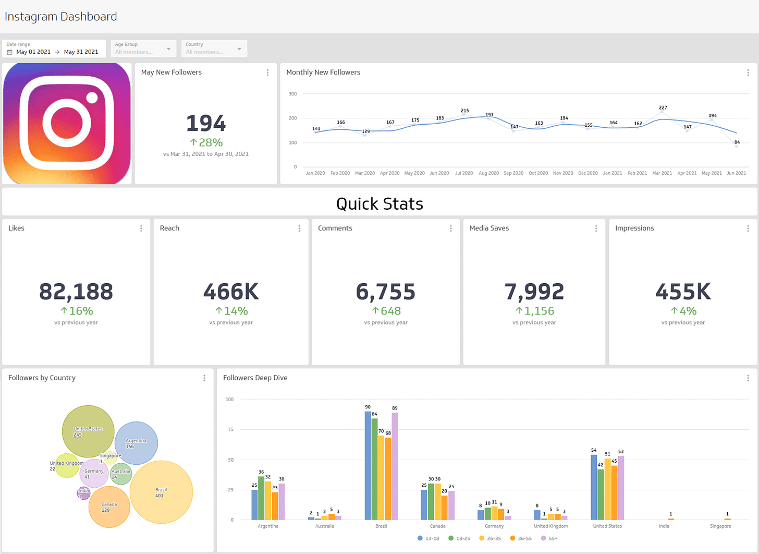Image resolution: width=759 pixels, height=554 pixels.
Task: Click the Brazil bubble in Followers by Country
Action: [161, 492]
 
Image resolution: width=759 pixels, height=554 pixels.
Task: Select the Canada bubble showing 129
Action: [109, 507]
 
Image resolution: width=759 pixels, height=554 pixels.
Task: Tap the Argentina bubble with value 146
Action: [136, 443]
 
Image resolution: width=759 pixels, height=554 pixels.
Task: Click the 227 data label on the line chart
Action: [663, 107]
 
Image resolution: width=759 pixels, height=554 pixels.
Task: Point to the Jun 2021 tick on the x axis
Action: [736, 173]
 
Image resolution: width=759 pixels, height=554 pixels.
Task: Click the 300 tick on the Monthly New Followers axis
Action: [293, 94]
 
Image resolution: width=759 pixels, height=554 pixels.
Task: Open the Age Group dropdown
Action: [143, 49]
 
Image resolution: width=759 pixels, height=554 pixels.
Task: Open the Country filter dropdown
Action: [214, 49]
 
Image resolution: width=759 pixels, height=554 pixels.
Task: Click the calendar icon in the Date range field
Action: [9, 52]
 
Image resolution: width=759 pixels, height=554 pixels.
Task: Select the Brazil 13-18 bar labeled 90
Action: [368, 465]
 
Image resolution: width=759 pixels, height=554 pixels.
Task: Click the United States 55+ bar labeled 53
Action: [621, 487]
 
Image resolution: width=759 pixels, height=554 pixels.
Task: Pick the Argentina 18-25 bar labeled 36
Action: [261, 498]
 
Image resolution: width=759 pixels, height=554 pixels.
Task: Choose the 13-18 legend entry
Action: [428, 538]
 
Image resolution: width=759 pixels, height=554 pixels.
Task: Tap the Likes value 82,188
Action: [76, 292]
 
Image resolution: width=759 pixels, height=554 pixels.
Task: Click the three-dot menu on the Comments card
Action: [451, 228]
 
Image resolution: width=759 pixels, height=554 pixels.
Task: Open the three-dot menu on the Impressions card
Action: [748, 228]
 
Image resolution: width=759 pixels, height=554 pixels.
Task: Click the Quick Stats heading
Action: [379, 203]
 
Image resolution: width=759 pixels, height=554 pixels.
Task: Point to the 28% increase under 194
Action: [206, 142]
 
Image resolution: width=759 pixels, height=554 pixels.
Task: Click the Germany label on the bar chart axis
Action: [494, 526]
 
